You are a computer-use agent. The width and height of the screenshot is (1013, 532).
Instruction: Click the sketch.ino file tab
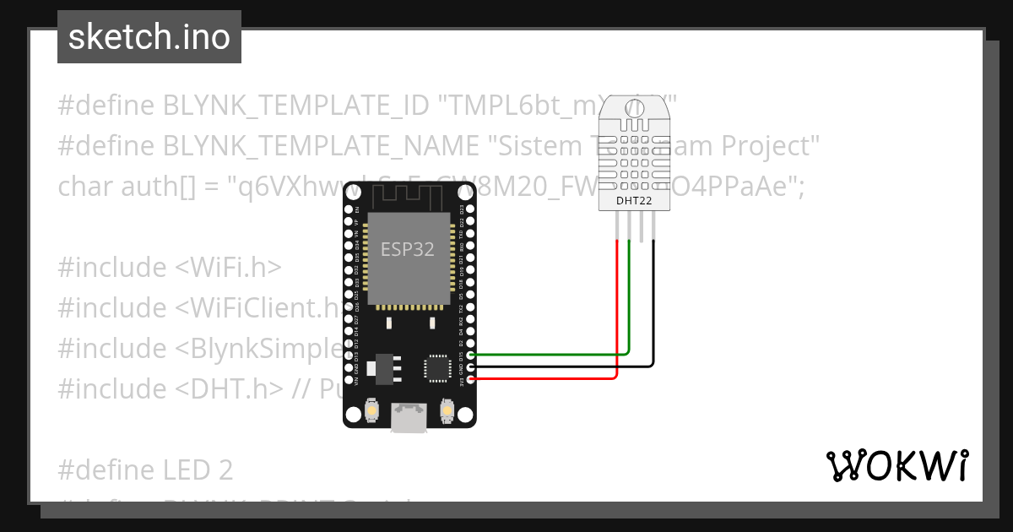click(149, 37)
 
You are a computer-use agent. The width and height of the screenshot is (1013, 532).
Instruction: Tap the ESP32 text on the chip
click(409, 249)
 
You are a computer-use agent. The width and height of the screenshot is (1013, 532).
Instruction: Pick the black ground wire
click(653, 312)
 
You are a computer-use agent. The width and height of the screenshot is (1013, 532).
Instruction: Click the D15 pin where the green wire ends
click(470, 356)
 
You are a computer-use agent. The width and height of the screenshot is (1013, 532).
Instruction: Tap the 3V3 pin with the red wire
click(470, 380)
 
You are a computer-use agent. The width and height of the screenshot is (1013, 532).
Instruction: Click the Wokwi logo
click(897, 466)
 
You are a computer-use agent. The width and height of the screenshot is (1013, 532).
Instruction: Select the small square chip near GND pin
click(437, 368)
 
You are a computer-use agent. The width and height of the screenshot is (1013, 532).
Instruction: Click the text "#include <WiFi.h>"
click(169, 267)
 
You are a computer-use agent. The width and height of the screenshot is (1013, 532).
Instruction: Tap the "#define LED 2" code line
click(145, 470)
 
